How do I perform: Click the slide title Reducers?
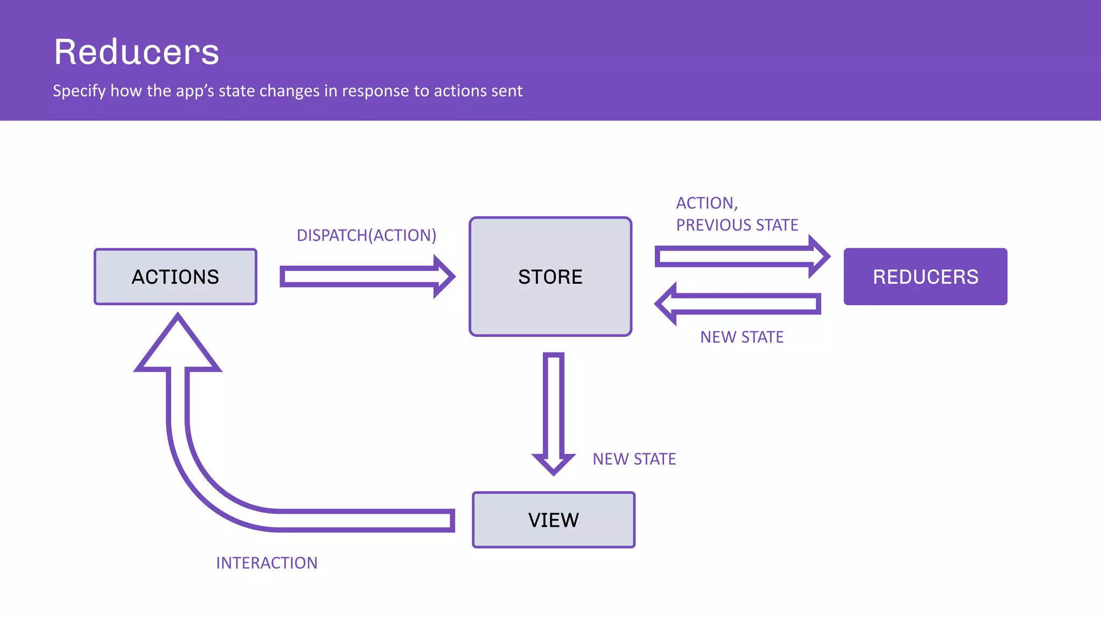click(137, 52)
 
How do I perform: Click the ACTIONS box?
click(175, 277)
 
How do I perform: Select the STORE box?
click(550, 277)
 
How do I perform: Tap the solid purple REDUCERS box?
click(925, 277)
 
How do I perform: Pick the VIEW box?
click(553, 520)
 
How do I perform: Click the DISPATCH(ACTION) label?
click(366, 235)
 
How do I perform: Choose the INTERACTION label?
click(267, 563)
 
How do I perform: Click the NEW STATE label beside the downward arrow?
click(634, 459)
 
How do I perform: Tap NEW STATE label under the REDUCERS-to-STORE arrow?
click(741, 337)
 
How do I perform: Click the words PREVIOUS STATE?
click(737, 225)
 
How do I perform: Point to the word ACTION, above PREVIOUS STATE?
click(706, 203)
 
